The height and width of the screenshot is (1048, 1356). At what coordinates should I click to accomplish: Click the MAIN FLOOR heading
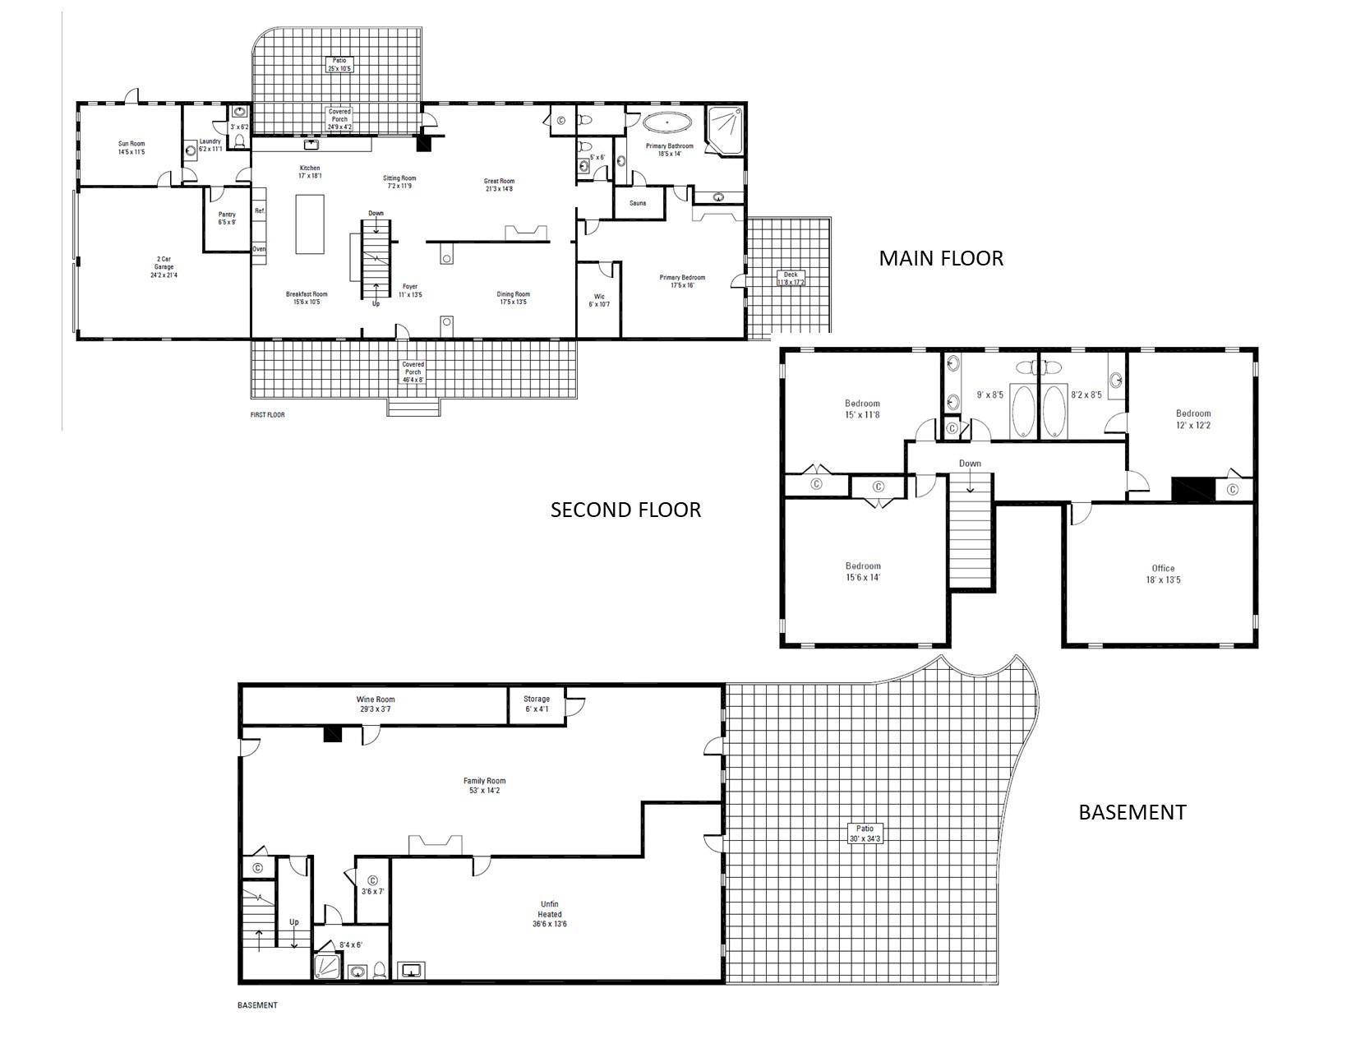(x=941, y=258)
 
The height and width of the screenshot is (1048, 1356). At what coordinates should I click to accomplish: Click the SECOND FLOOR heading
(x=625, y=510)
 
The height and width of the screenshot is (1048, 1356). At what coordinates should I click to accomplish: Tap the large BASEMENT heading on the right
(x=1132, y=812)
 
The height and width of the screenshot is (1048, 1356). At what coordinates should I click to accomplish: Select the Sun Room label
(x=131, y=148)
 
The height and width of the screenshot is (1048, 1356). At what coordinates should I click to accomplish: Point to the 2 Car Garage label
(x=164, y=267)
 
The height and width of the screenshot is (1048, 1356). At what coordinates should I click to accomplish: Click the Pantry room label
(x=227, y=218)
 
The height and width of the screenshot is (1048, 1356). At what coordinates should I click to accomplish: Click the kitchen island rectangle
(x=310, y=224)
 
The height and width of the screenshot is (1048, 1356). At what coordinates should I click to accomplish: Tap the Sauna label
(x=638, y=203)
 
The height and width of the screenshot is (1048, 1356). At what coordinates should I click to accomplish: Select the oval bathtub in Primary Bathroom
(x=666, y=123)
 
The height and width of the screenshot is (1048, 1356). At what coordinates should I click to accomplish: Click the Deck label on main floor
(x=791, y=279)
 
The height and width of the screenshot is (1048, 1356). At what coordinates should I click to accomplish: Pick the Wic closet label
(x=598, y=300)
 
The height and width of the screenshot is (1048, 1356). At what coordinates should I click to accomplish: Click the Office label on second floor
(x=1163, y=573)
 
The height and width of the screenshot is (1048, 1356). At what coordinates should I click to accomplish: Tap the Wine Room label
(x=376, y=704)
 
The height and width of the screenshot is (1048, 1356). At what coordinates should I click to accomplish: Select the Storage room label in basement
(x=537, y=704)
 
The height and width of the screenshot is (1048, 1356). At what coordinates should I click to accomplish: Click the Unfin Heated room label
(x=550, y=914)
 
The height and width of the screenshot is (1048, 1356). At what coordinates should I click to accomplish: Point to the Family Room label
(x=485, y=786)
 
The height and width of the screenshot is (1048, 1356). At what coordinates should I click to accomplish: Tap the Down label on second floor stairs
(x=970, y=464)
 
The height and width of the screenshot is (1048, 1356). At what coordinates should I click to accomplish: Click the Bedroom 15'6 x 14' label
(x=863, y=571)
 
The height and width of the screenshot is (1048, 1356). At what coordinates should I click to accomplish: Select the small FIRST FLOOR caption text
(x=267, y=415)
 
